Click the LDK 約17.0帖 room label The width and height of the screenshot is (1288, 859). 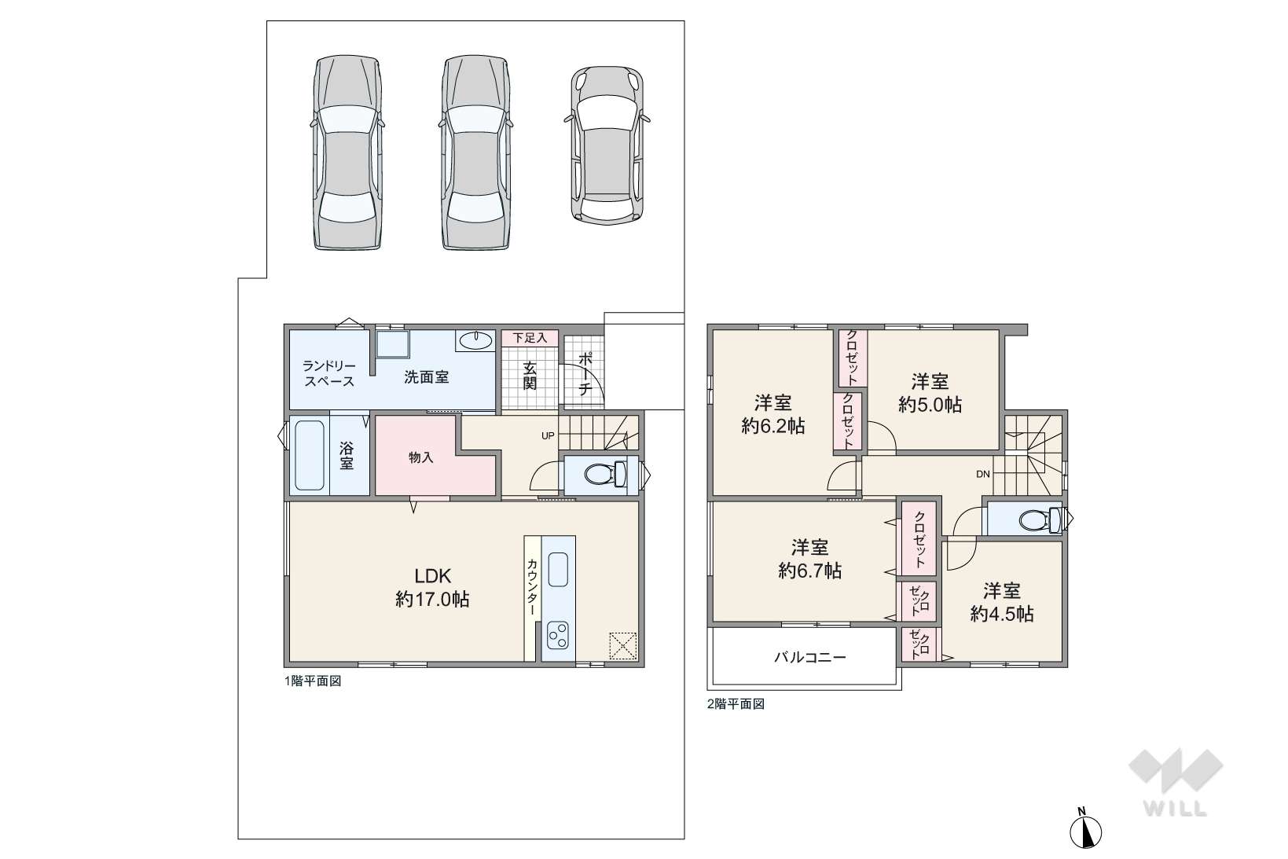(x=432, y=588)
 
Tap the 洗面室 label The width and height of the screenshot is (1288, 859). (x=426, y=377)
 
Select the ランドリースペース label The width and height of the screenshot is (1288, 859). (x=329, y=373)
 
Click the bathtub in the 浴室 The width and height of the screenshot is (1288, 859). (x=310, y=455)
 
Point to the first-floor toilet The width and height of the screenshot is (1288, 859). (x=605, y=475)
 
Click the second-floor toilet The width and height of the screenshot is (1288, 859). (x=1040, y=519)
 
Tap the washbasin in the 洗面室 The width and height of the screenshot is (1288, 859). (x=475, y=340)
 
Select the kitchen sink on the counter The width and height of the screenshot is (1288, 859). (x=558, y=569)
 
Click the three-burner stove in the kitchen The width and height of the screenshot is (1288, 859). (x=558, y=635)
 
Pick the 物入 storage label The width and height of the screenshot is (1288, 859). (x=421, y=457)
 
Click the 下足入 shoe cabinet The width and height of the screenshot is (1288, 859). (x=530, y=337)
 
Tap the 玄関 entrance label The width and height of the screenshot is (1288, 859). (x=530, y=376)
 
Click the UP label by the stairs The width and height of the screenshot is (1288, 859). (x=548, y=436)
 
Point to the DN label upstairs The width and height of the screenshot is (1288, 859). (x=982, y=475)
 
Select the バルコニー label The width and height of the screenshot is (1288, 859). (x=810, y=656)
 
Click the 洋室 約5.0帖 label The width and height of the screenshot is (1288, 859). (x=930, y=393)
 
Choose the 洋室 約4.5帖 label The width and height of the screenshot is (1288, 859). (x=1002, y=602)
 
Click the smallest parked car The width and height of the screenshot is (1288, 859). (x=607, y=145)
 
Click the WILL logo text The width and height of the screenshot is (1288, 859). (x=1175, y=809)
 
